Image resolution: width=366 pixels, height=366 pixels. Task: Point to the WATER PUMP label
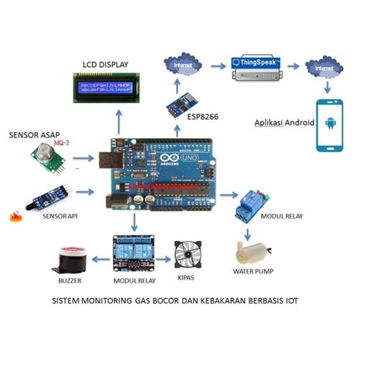[254, 272]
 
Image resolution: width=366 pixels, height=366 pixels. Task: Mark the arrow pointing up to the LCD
[119, 120]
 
